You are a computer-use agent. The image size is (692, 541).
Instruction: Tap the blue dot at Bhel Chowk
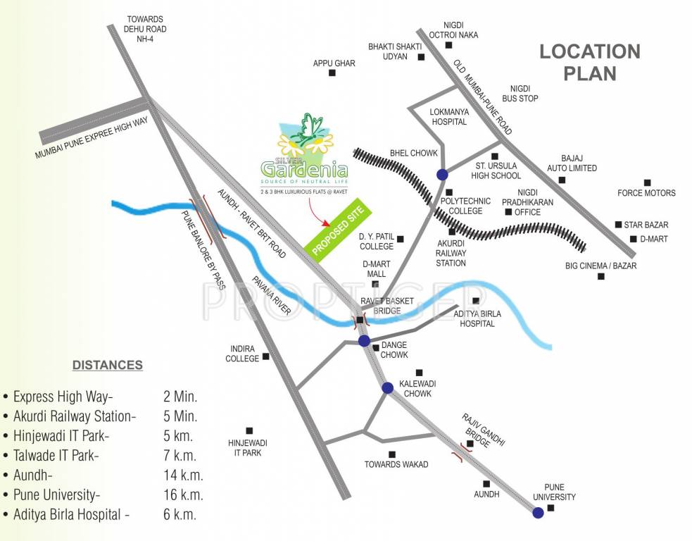[x=442, y=175]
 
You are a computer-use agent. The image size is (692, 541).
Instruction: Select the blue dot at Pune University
[x=538, y=513]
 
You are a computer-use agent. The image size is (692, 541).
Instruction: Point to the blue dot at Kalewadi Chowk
[x=387, y=387]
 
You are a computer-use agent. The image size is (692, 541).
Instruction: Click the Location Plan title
[x=590, y=62]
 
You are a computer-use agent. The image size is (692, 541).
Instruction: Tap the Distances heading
[x=108, y=365]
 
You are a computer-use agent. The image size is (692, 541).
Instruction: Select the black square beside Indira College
[x=266, y=356]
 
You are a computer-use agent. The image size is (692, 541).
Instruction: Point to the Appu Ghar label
[x=334, y=63]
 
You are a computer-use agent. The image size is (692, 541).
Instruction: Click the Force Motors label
[x=646, y=193]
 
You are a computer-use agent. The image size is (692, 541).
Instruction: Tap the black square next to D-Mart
[x=633, y=240]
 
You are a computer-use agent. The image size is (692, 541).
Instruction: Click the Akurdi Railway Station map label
[x=451, y=252]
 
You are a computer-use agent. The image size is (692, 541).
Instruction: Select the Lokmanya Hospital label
[x=448, y=116]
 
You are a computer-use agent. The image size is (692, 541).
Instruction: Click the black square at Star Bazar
[x=618, y=224]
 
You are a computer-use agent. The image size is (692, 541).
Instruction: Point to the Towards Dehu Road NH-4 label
[x=145, y=29]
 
